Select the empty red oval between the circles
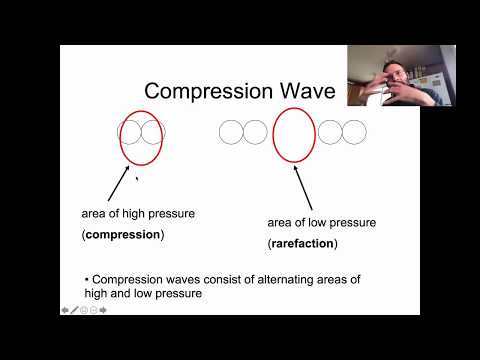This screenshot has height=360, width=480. click(x=293, y=130)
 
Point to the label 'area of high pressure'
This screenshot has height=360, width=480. click(x=138, y=213)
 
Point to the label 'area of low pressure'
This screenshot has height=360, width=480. click(x=322, y=222)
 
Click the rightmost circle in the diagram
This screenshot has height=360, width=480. click(x=356, y=131)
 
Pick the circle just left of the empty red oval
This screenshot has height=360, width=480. click(x=255, y=131)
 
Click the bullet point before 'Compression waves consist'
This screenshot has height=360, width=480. click(x=87, y=278)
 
